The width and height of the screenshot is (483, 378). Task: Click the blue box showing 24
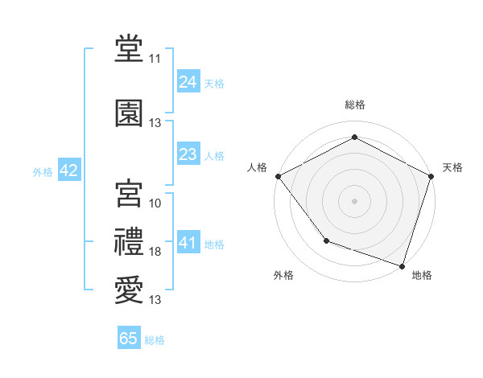click(188, 82)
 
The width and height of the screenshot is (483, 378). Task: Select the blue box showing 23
click(188, 154)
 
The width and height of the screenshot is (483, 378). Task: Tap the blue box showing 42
click(68, 171)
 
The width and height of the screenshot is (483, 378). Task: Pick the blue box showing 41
click(188, 243)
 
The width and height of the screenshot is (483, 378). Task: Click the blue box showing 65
click(129, 339)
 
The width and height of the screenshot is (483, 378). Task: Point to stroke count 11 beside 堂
click(155, 59)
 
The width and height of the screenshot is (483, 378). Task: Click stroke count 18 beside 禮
click(155, 253)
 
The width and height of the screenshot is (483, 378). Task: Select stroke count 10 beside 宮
click(155, 203)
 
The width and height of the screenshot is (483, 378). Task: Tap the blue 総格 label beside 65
click(155, 340)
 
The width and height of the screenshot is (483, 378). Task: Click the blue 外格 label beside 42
click(43, 172)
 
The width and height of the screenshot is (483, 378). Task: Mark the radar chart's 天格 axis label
click(452, 167)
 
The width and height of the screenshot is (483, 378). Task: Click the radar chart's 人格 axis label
click(258, 167)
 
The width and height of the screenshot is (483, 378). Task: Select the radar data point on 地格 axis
click(402, 265)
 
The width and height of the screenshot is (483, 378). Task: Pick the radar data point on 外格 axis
click(326, 240)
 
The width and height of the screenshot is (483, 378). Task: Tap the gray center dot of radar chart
click(354, 200)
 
